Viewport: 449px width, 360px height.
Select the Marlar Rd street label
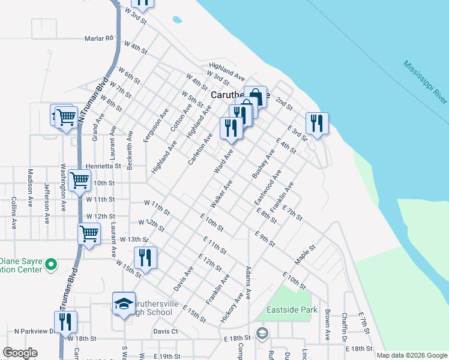coord(99,38)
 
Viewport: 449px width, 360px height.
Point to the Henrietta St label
coord(104,165)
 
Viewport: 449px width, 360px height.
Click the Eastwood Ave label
coord(268,187)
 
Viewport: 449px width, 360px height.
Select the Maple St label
coord(305,256)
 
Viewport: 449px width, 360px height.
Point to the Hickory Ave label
coord(234,308)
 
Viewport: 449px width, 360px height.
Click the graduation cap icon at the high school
coord(124,304)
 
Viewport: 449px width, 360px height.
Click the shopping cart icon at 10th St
coord(79,180)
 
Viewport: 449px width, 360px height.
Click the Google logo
coord(20,353)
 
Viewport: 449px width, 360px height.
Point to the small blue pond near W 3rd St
coord(177,20)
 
